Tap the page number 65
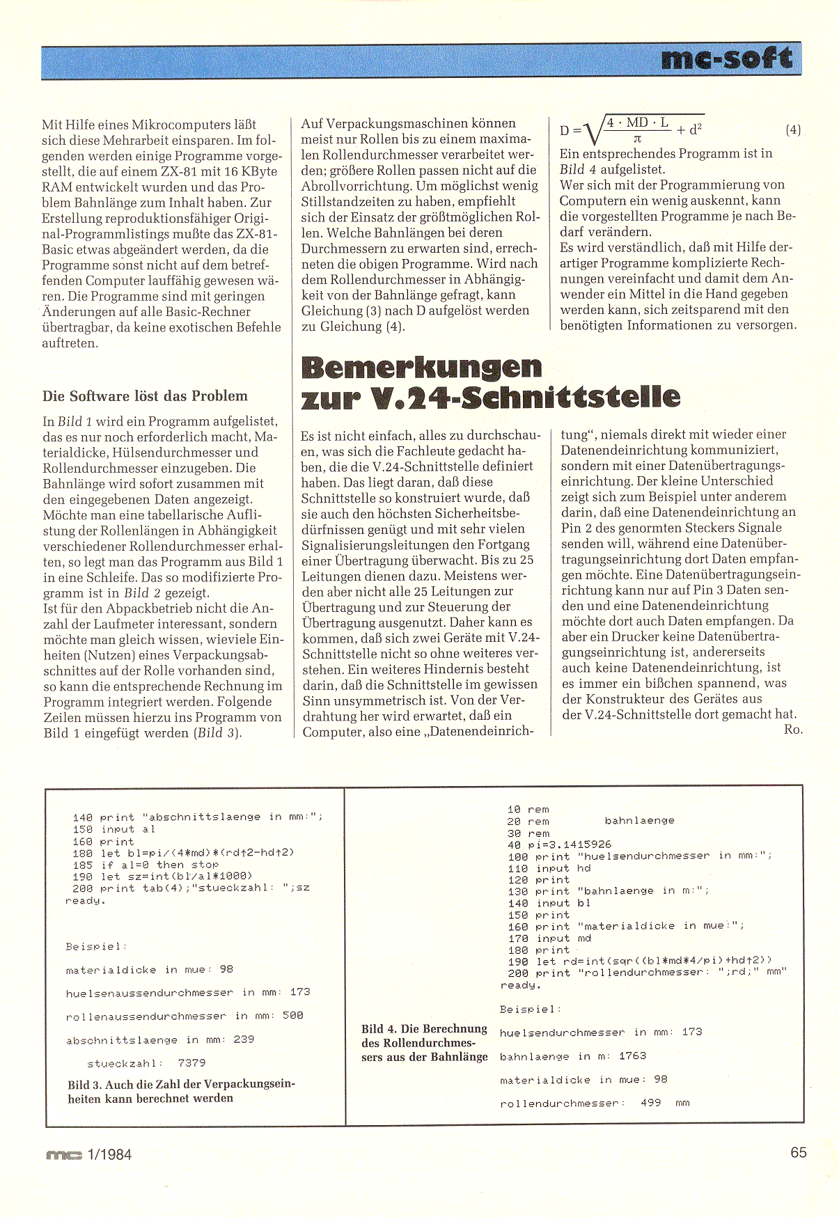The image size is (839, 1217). pyautogui.click(x=798, y=1152)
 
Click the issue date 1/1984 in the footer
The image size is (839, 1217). pyautogui.click(x=109, y=1154)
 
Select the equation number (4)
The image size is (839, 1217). pyautogui.click(x=792, y=129)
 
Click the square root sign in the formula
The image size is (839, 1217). pyautogui.click(x=592, y=130)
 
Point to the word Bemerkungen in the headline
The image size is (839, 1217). pyautogui.click(x=421, y=366)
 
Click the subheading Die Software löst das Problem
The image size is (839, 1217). pyautogui.click(x=145, y=396)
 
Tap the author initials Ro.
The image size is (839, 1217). pyautogui.click(x=792, y=729)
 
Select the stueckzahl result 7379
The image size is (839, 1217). pyautogui.click(x=191, y=1063)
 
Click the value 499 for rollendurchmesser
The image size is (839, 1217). pyautogui.click(x=650, y=1103)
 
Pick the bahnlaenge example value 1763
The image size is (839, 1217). pyautogui.click(x=632, y=1055)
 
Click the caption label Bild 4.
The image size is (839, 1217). pyautogui.click(x=380, y=1029)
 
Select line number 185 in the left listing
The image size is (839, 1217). pyautogui.click(x=82, y=865)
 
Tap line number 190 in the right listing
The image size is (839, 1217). pyautogui.click(x=518, y=961)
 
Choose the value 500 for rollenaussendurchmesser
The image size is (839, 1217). pyautogui.click(x=292, y=1016)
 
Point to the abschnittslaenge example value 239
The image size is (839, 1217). pyautogui.click(x=244, y=1039)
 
